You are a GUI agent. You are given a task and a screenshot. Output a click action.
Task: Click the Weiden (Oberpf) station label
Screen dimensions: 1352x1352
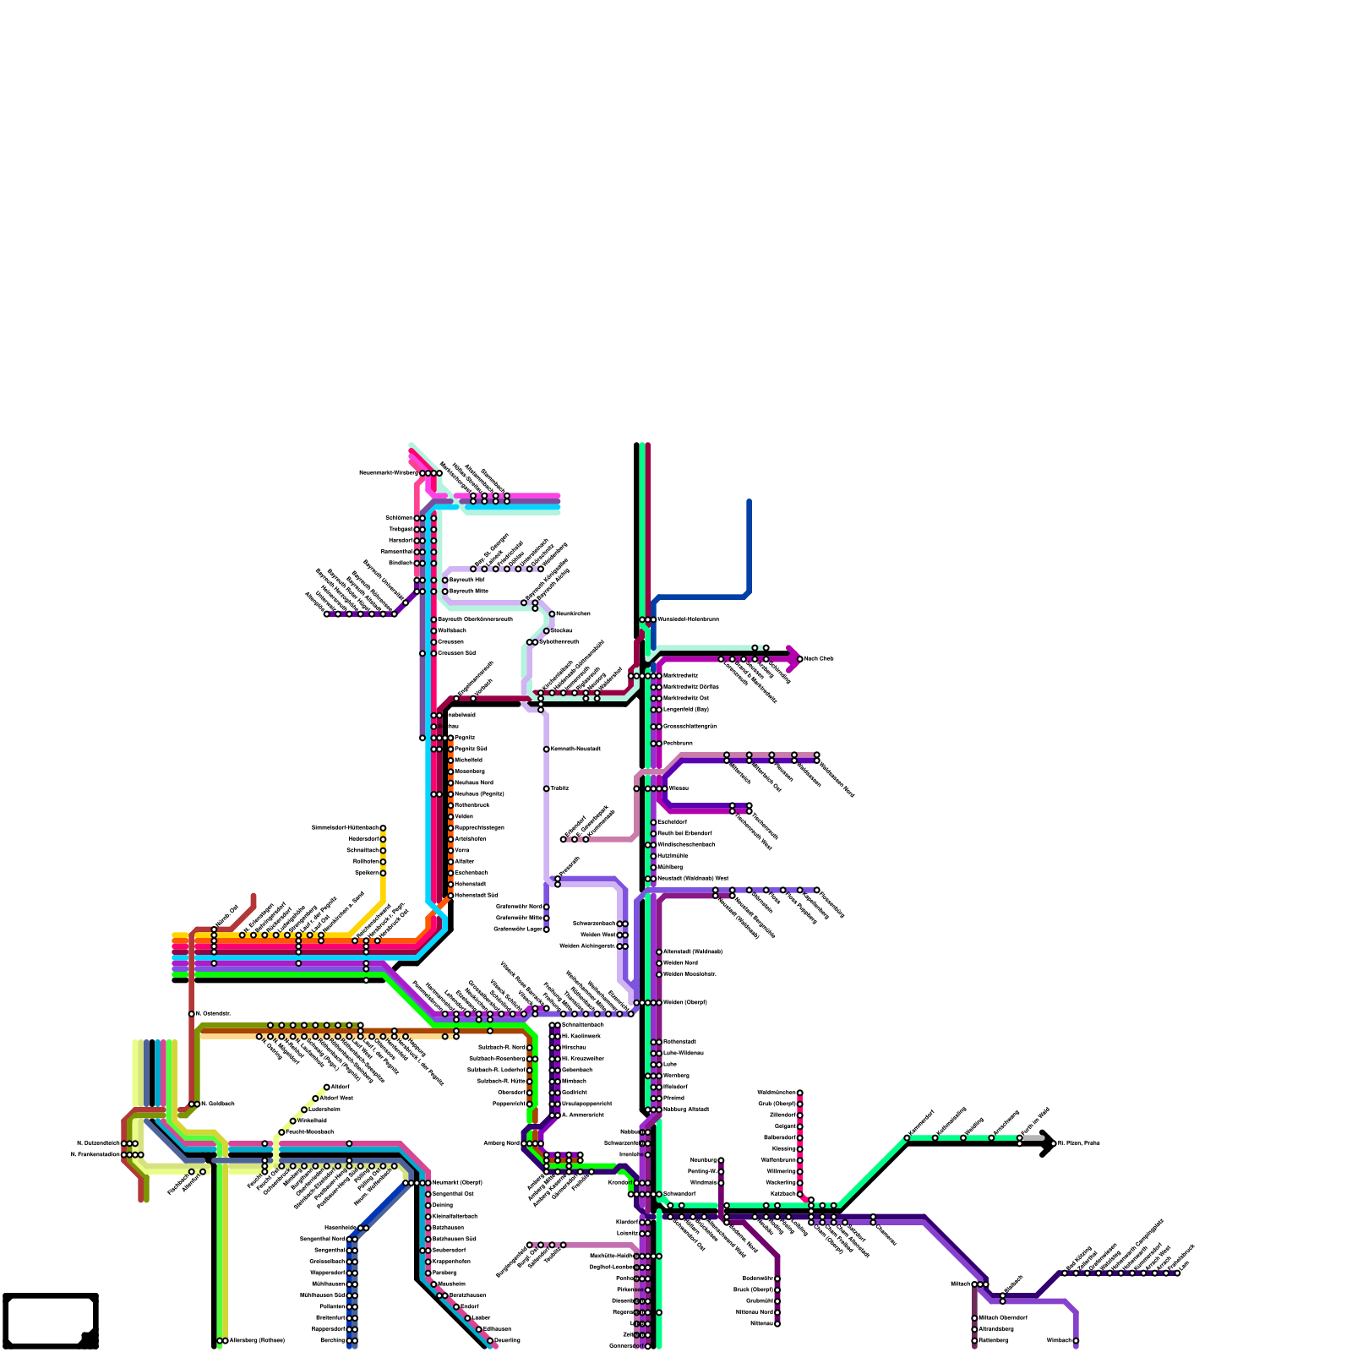684,1002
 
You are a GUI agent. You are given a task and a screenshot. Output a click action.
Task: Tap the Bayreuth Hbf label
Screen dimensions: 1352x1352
466,581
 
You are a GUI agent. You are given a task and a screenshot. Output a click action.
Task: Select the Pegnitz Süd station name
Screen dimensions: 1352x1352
471,750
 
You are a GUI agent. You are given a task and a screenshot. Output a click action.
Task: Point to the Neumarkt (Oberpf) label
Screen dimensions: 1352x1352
457,1183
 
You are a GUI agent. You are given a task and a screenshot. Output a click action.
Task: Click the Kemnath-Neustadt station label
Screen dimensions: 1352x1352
575,750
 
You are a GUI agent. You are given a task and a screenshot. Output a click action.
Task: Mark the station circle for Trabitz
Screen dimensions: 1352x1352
547,788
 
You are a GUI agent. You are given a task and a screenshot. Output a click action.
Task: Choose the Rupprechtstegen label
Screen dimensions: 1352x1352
479,828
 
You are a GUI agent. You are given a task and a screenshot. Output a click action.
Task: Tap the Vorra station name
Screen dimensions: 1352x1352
461,850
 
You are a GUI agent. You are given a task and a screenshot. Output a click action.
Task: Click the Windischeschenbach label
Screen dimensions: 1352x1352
686,844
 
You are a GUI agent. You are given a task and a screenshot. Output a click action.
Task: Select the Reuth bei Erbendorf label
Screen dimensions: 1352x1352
684,833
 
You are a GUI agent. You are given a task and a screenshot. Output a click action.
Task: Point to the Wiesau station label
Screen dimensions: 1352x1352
679,788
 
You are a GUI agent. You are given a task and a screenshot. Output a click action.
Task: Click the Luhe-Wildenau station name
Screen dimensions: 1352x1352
683,1053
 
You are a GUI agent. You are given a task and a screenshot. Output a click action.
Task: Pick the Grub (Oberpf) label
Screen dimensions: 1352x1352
777,1104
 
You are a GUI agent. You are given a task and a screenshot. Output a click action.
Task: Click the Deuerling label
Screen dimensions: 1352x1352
507,1340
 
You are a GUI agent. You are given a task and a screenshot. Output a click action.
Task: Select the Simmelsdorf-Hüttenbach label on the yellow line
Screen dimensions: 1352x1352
345,828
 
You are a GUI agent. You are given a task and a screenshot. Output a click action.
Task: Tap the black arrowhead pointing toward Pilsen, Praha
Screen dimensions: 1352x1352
1047,1143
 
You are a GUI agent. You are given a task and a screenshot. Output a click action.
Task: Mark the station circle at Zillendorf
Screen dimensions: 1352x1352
799,1115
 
